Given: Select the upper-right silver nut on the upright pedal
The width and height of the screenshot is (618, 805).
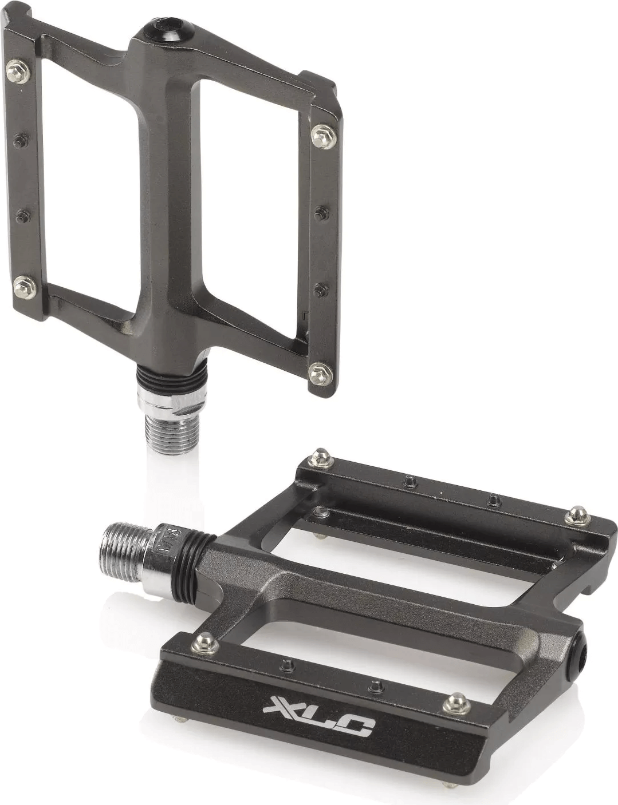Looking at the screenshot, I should [318, 135].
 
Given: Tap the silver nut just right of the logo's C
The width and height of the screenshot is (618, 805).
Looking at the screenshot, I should [456, 700].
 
